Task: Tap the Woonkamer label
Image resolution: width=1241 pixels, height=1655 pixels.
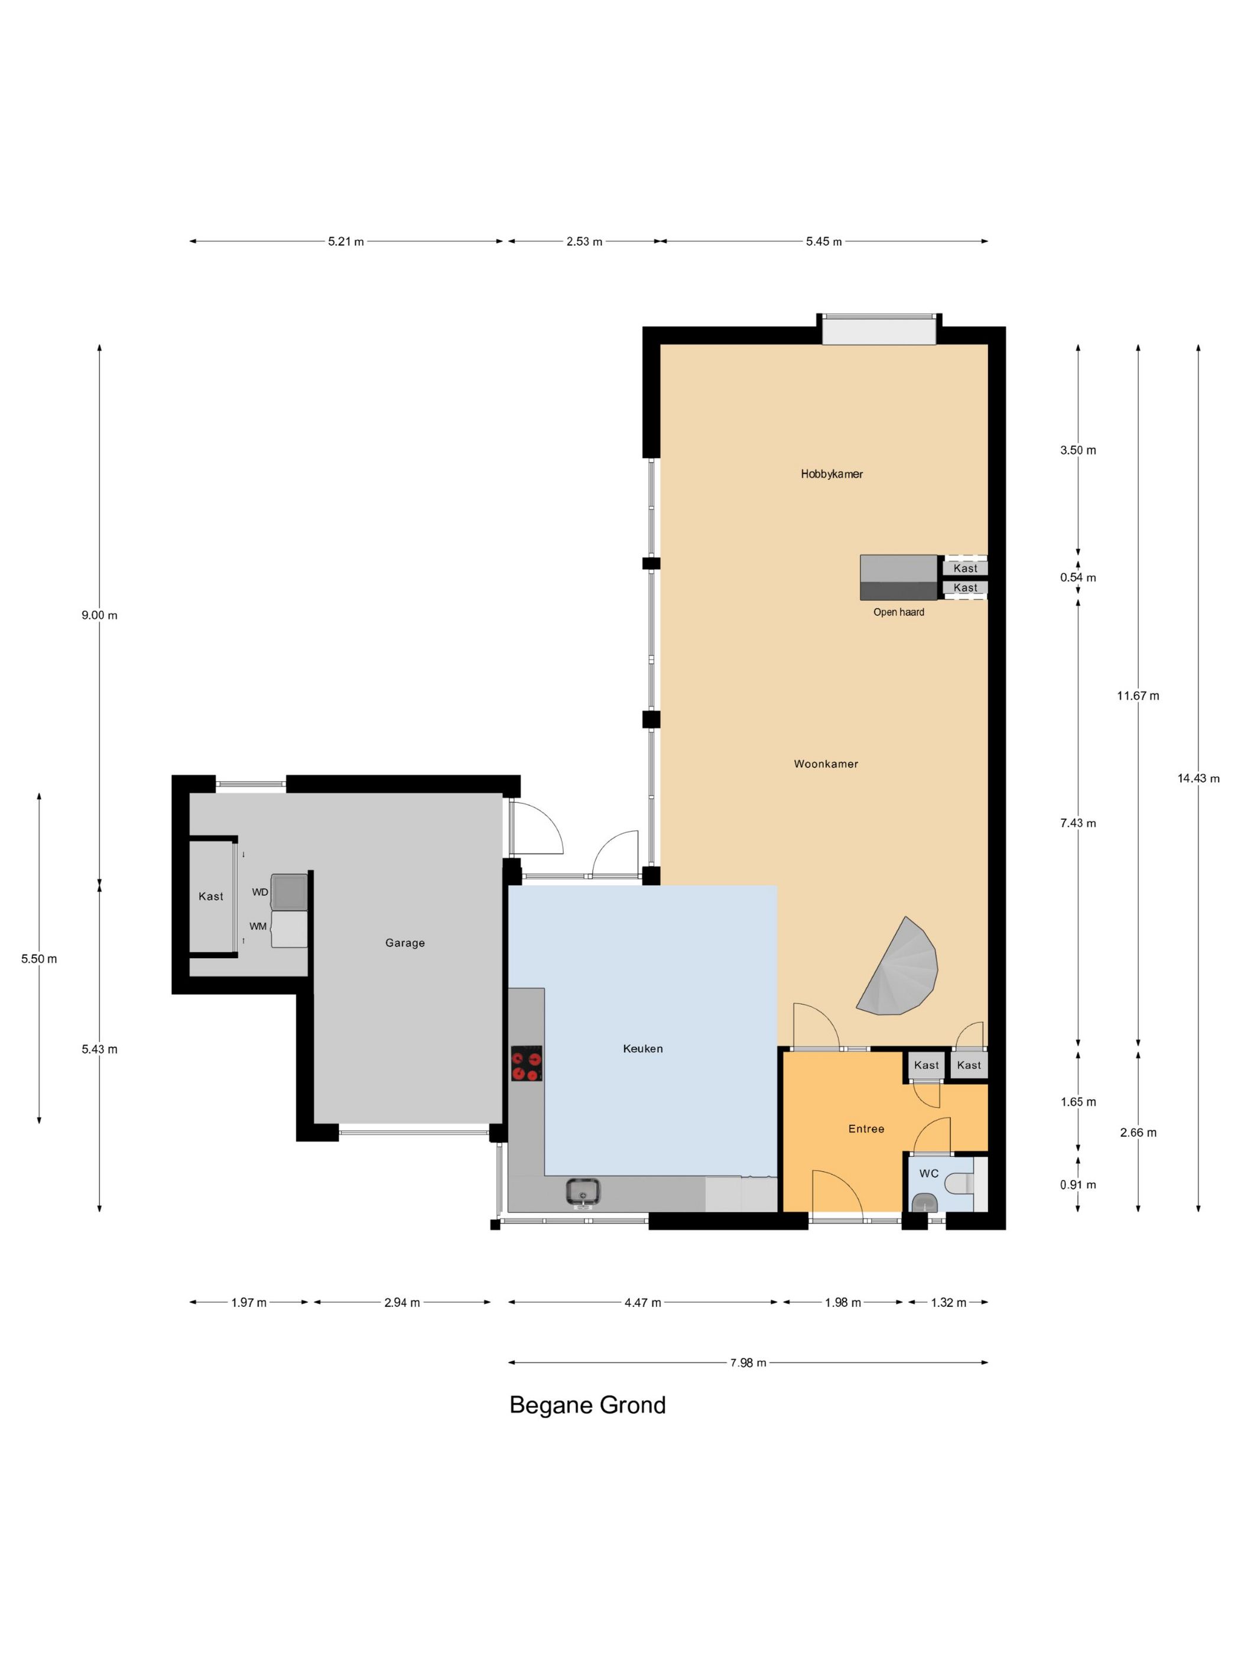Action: tap(826, 764)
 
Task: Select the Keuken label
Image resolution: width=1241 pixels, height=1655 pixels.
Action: tap(642, 1049)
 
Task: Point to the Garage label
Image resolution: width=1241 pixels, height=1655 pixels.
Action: tap(405, 943)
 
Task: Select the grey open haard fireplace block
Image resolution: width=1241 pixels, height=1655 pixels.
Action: tap(898, 577)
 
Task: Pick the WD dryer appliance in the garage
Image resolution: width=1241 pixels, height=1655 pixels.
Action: tap(289, 891)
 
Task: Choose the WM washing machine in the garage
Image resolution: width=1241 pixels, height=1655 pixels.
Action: tap(289, 929)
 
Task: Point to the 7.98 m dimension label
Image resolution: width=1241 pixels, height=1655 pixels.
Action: tap(748, 1363)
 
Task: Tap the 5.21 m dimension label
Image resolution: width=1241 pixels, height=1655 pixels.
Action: tap(346, 242)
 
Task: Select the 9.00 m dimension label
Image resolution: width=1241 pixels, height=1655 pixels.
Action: tap(99, 615)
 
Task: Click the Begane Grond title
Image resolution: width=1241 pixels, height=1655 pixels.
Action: tap(587, 1406)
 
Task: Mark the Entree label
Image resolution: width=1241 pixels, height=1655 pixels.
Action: tap(866, 1129)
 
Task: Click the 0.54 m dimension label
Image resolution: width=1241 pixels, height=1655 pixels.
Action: tap(1078, 577)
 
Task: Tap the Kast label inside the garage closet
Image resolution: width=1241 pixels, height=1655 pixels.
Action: tap(211, 896)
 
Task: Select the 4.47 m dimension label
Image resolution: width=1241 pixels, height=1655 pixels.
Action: tap(642, 1303)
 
